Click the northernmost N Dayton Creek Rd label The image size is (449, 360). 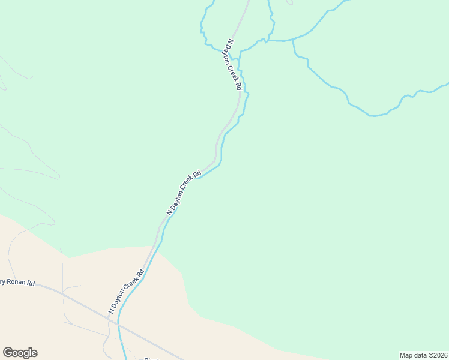234,65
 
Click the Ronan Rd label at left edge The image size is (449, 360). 18,282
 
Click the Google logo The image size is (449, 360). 20,353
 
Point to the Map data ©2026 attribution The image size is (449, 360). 423,355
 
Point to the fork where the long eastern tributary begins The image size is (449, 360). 293,40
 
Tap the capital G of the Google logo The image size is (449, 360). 8,353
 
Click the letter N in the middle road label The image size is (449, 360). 169,212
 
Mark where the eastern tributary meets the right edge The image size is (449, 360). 447,84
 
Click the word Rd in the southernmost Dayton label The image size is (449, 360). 140,272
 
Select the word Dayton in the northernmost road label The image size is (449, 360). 231,55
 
